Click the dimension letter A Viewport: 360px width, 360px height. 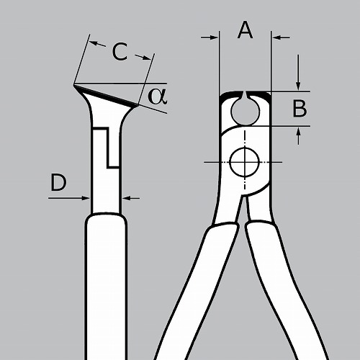245,30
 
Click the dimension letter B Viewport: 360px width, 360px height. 300,109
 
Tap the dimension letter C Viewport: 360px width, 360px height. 120,52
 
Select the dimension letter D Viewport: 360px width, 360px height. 58,183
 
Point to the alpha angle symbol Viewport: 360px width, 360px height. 158,96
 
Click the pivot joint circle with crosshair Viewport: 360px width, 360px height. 245,162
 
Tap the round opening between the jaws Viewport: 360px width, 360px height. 246,111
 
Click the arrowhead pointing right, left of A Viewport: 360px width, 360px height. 210,37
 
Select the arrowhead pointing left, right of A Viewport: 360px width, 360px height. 282,37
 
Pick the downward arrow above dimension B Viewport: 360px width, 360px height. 298,73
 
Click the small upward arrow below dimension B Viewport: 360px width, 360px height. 298,136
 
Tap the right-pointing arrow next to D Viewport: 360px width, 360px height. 69,198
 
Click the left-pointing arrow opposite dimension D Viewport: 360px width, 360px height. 131,198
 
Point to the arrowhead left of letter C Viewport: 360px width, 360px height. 98,44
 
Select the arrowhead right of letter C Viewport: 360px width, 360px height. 143,57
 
